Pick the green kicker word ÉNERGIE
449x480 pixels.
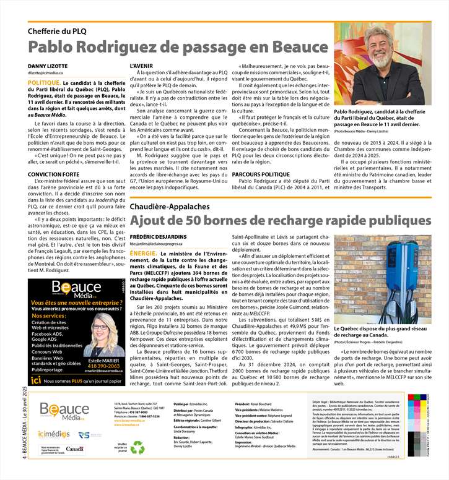pos(143,253)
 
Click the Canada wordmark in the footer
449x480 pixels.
pos(74,448)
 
